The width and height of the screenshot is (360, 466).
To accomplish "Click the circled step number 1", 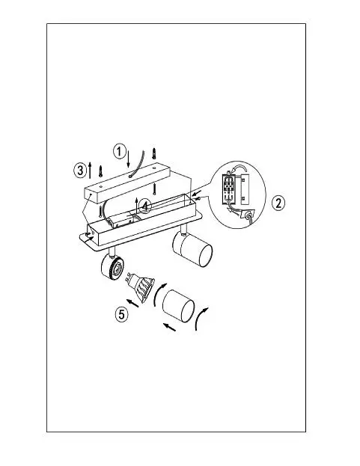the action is (119, 151).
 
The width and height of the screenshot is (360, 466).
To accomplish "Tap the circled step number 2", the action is (278, 203).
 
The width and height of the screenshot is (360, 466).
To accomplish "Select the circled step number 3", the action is (80, 171).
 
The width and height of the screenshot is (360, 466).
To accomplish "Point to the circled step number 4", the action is (145, 206).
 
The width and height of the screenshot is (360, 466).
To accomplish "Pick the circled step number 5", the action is (121, 314).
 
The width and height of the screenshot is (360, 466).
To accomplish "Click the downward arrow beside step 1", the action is (128, 159).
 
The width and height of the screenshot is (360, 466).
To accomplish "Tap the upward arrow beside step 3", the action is (90, 170).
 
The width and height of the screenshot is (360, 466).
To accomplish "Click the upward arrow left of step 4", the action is (136, 206).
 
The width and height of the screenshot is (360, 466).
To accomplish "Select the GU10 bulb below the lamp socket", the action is (140, 286).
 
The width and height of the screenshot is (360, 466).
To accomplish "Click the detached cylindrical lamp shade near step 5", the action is (178, 306).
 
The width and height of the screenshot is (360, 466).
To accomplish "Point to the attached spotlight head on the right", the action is (192, 249).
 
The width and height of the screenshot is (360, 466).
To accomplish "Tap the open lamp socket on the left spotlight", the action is (112, 266).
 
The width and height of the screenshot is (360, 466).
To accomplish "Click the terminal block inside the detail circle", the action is (228, 188).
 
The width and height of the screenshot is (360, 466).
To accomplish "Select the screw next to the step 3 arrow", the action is (100, 171).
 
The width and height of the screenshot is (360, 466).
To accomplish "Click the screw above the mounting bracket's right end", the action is (153, 153).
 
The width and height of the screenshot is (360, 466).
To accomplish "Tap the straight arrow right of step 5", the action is (132, 303).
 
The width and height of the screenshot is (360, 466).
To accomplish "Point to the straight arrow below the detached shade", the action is (169, 327).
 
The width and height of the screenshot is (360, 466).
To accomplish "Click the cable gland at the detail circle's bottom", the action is (248, 215).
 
